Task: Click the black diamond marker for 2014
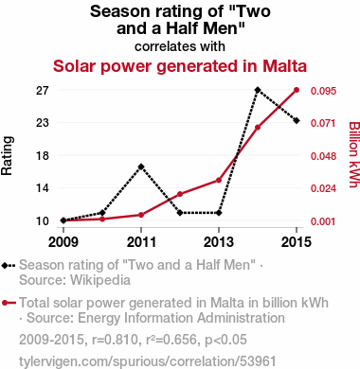click(x=258, y=90)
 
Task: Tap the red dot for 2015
click(x=297, y=90)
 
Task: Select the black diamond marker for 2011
click(x=141, y=167)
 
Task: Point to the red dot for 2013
click(x=219, y=180)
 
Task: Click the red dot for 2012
click(x=180, y=194)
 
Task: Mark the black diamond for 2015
click(x=297, y=121)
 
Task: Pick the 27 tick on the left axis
click(x=43, y=91)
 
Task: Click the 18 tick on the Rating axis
click(x=43, y=156)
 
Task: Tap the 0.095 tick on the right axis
click(x=323, y=91)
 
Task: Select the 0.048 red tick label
click(x=323, y=156)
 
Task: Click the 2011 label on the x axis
click(x=141, y=242)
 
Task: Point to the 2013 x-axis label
click(x=219, y=242)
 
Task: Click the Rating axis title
click(x=7, y=156)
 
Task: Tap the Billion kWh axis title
click(x=354, y=154)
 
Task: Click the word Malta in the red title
click(x=284, y=66)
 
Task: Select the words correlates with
click(x=180, y=46)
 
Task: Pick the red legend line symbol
click(x=9, y=304)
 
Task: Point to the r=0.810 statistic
click(x=115, y=340)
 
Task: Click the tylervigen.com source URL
click(x=148, y=361)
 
